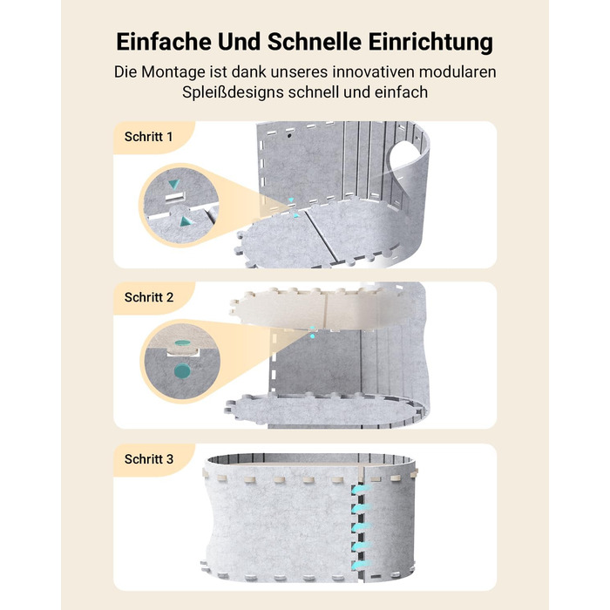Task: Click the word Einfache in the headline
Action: coord(164,42)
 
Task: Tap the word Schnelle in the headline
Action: coord(315,42)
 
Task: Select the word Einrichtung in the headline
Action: coord(430,43)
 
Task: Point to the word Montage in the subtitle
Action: coord(173,72)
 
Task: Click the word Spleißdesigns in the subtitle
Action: coord(233,92)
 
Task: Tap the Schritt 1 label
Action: coord(148,137)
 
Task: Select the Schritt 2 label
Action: coord(149,298)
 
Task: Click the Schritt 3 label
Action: coord(149,459)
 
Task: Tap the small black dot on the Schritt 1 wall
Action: coord(289,136)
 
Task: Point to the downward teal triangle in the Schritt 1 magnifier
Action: coord(174,184)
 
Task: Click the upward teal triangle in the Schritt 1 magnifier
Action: coord(186,221)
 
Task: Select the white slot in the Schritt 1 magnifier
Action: coord(175,197)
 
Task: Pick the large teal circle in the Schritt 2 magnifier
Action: coord(182,371)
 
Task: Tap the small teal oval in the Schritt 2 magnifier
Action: coord(182,342)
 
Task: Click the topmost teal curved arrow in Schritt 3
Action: coord(362,490)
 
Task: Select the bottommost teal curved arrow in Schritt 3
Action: coord(361,565)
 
